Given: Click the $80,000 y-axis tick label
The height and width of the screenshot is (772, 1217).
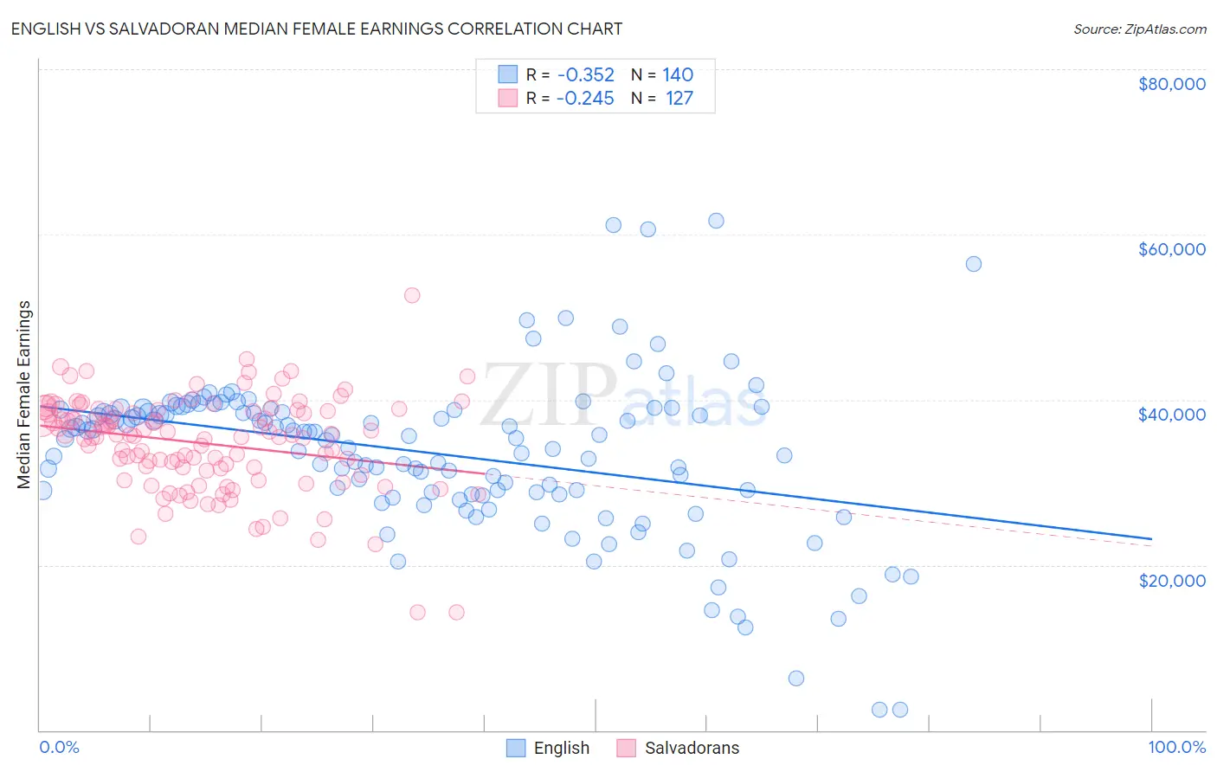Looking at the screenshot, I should tap(1171, 84).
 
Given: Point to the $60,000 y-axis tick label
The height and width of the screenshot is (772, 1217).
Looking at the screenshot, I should tap(1171, 249).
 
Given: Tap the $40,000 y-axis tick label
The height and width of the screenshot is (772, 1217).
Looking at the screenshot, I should tap(1171, 415).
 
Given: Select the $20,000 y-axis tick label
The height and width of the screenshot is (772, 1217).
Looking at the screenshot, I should tap(1171, 580).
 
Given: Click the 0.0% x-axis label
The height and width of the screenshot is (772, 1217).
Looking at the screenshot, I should tap(59, 747).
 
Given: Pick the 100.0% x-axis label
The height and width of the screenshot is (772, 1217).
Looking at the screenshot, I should tap(1176, 747).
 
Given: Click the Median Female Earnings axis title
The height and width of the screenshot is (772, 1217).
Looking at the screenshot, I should tap(24, 395).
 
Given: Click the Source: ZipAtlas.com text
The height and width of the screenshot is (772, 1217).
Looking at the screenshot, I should tap(1139, 29).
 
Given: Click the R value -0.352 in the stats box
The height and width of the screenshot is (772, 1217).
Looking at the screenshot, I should tap(585, 75).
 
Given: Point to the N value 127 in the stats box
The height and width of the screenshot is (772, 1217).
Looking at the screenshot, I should tap(679, 98).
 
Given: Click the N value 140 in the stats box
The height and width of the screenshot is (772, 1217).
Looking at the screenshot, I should tap(678, 75).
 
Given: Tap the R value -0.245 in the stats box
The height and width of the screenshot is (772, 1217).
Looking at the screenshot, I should tap(585, 98).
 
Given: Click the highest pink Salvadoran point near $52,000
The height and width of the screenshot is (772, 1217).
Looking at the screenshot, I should tap(412, 295).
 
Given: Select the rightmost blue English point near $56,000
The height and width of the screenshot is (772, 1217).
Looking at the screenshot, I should tap(974, 264).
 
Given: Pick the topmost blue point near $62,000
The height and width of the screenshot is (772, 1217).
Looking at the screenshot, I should tap(716, 221).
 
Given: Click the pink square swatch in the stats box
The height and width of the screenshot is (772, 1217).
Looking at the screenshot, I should tap(507, 98).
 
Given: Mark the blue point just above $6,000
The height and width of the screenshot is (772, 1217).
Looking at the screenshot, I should tap(796, 678).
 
